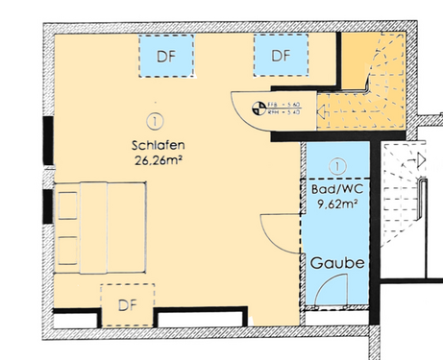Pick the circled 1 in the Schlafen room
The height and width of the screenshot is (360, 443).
[x=153, y=121]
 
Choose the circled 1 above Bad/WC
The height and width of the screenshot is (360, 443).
[x=333, y=167]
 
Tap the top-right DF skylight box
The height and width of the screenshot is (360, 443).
[x=280, y=55]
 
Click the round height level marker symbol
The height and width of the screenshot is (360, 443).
[x=258, y=108]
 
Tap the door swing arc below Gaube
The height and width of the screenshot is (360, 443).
[x=334, y=286]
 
